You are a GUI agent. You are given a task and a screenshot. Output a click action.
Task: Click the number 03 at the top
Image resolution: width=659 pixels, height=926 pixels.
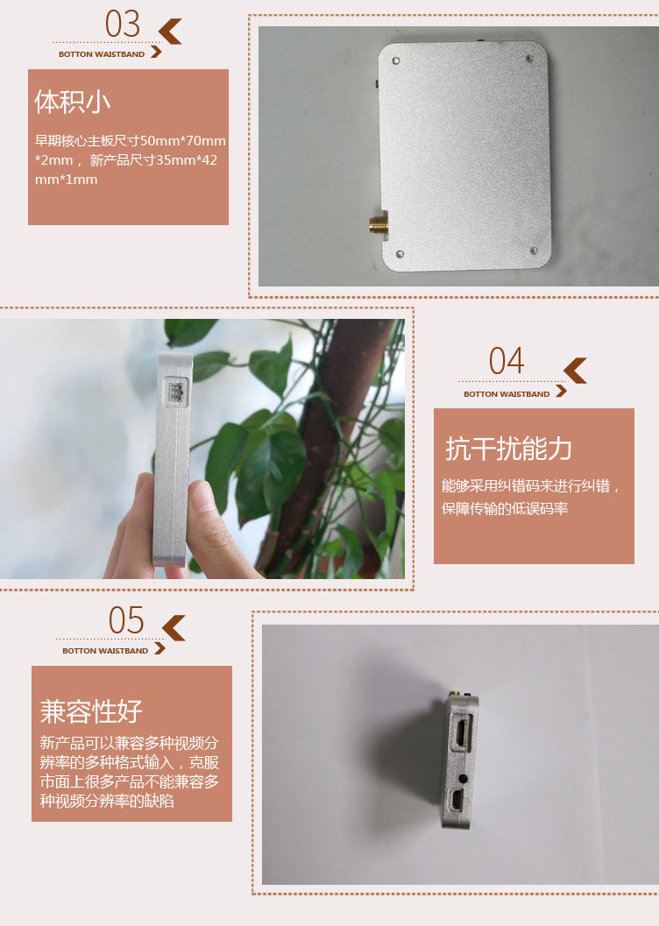tap(122, 25)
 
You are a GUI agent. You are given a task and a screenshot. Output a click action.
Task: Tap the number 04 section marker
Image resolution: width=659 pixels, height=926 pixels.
tap(506, 361)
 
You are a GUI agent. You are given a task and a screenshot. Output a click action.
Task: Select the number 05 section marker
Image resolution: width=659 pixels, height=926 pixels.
tap(126, 620)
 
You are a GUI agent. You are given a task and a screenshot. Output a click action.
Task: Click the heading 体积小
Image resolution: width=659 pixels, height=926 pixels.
tap(72, 102)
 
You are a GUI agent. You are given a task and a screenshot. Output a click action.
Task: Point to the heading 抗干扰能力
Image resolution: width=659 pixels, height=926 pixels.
tap(508, 449)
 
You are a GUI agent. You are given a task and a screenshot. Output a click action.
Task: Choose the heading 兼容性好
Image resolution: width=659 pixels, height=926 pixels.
tap(91, 711)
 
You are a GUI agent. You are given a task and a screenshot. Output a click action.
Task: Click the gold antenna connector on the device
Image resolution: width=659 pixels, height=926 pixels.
tap(379, 224)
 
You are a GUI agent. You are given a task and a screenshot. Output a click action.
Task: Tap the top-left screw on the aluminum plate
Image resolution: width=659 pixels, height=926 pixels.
tap(395, 60)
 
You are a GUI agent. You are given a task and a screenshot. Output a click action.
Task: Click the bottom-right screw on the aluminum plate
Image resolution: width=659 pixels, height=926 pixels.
tap(534, 251)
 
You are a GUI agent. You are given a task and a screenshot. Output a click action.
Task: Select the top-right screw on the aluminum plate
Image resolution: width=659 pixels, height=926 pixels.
tap(529, 59)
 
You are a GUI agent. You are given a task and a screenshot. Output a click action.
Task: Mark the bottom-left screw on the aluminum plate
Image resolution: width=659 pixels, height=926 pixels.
tap(400, 254)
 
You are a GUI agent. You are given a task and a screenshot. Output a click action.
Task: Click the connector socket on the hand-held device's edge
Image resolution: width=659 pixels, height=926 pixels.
tap(175, 392)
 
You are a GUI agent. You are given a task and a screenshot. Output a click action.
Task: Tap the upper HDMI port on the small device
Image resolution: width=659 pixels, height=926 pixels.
tap(461, 732)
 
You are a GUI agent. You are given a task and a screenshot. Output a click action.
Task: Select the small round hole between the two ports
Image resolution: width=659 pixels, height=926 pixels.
tap(463, 778)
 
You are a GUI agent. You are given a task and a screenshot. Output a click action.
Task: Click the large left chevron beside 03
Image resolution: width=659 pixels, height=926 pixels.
tap(170, 32)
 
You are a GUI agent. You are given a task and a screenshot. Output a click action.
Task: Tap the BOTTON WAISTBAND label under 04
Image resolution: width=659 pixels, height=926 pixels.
tap(507, 394)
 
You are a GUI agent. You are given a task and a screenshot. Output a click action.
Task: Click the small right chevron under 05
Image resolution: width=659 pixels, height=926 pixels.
tap(159, 648)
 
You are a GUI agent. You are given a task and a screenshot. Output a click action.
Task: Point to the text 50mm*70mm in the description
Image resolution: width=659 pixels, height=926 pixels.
tap(183, 140)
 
